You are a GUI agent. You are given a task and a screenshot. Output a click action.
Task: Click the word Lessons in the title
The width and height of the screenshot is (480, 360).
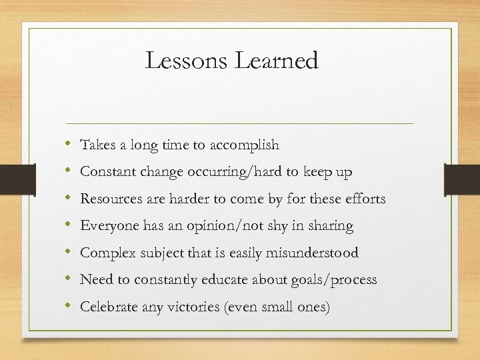click(186, 61)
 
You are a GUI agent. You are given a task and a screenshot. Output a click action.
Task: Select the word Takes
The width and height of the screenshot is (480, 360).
click(97, 145)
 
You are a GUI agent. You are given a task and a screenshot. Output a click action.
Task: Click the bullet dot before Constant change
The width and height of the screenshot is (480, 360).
click(69, 172)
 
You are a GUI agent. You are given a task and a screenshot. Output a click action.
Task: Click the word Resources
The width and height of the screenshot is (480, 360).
click(111, 199)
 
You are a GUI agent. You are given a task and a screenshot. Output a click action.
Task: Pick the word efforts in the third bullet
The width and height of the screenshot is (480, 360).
click(364, 199)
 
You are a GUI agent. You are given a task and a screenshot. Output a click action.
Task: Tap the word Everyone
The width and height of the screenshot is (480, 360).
click(107, 226)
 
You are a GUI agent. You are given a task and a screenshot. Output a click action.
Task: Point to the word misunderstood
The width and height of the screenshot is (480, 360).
click(316, 253)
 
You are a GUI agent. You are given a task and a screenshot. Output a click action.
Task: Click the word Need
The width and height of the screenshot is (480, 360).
click(95, 280)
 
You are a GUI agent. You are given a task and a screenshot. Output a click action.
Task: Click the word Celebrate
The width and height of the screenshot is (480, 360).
click(109, 307)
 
